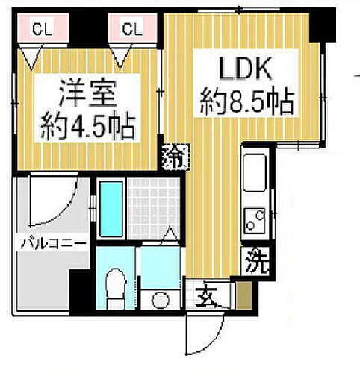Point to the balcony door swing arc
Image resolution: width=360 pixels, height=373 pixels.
[x=57, y=201]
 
